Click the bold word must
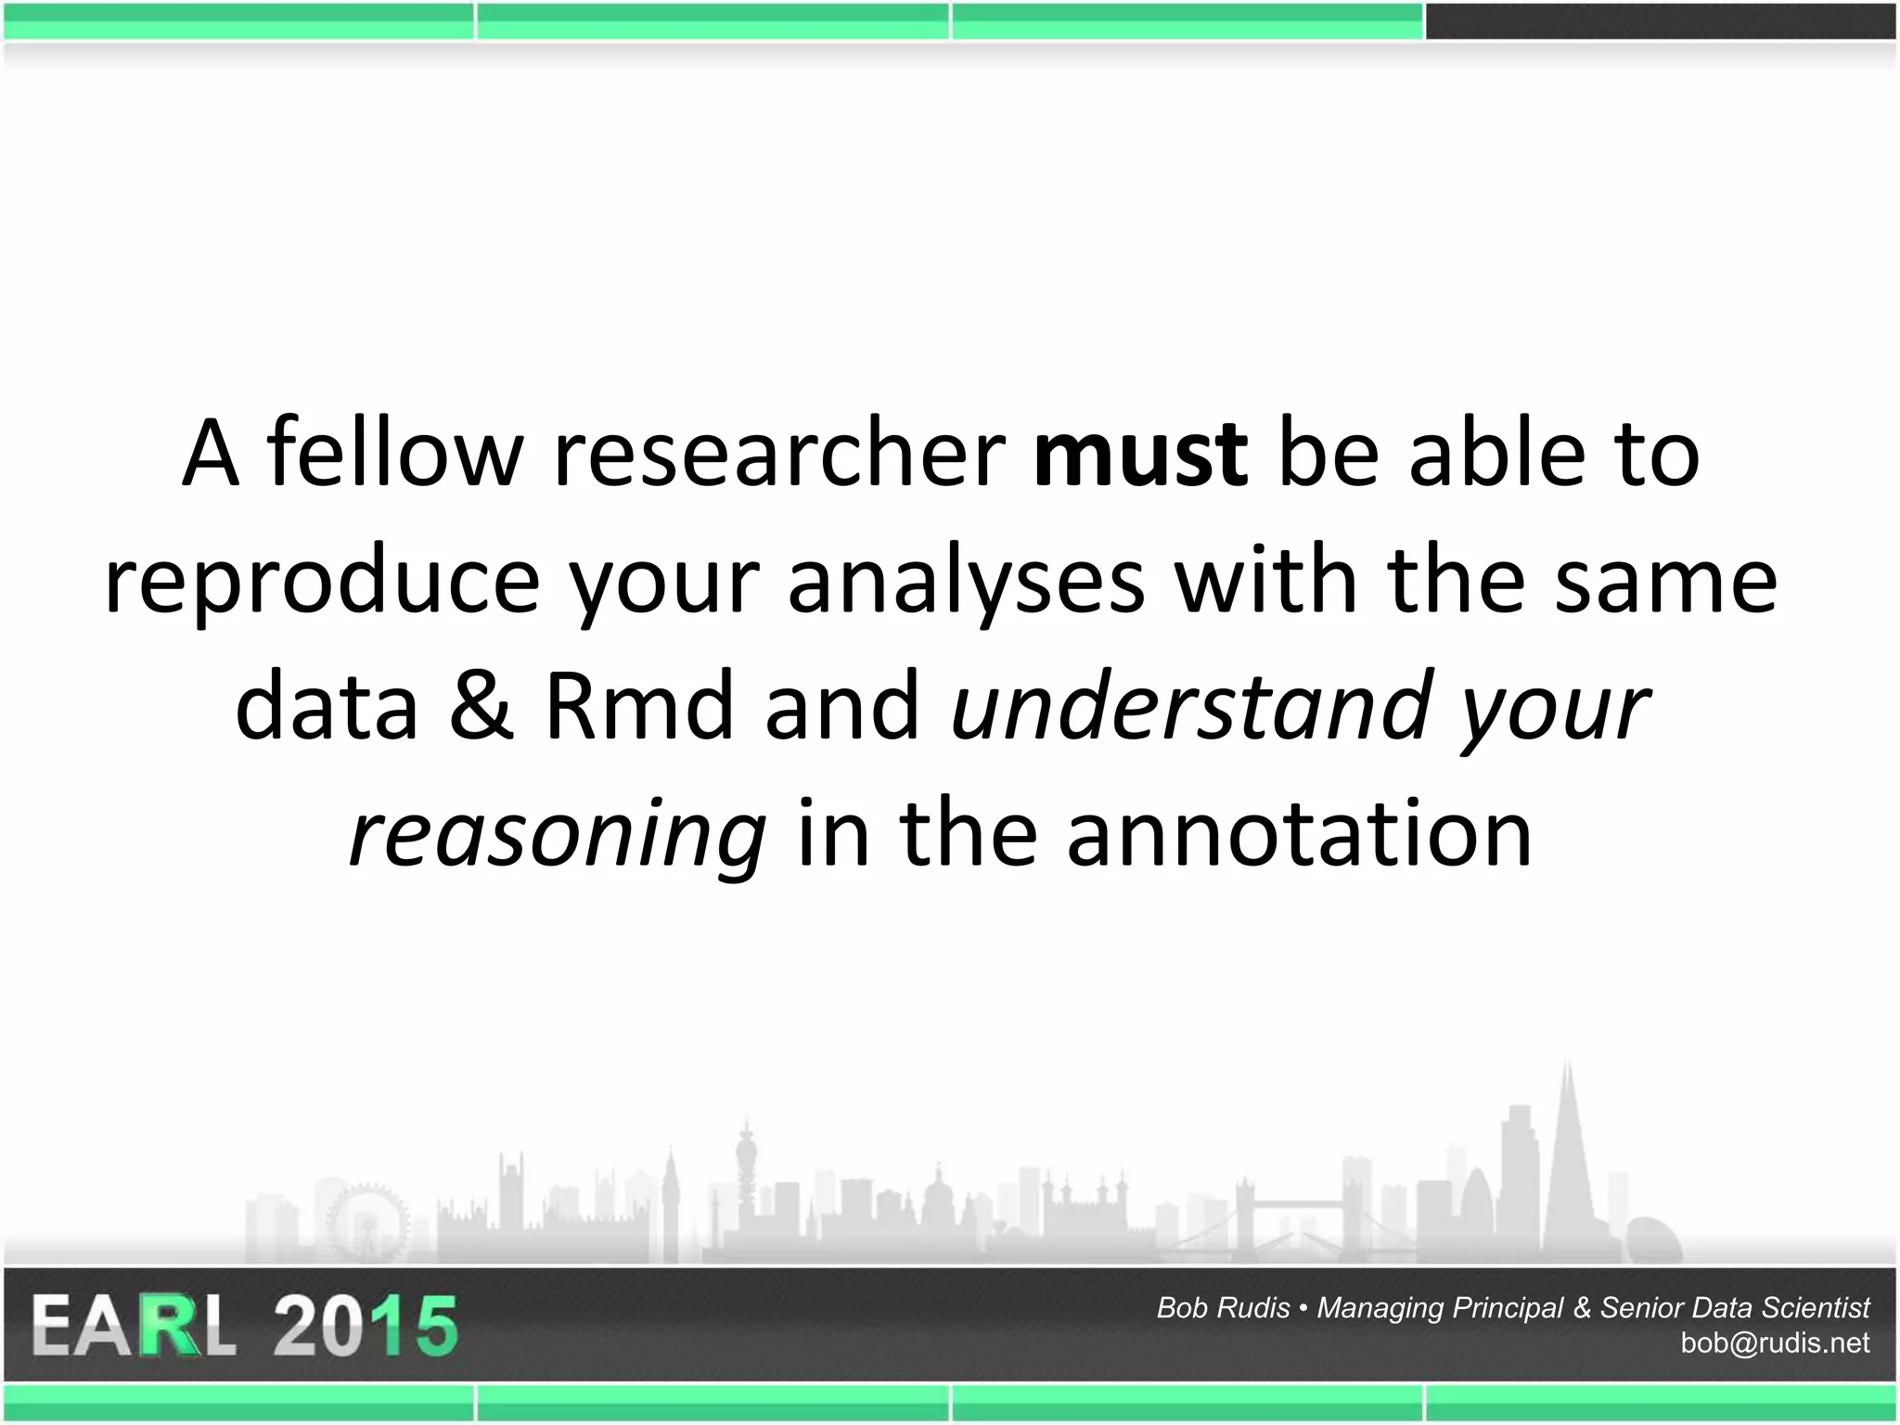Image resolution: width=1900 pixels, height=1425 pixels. coord(1140,454)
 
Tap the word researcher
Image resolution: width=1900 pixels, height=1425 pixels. coord(779,454)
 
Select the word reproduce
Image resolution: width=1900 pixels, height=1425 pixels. coord(322,583)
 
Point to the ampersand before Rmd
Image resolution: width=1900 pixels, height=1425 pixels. coord(481,706)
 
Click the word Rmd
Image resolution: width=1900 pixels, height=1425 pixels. coord(639,706)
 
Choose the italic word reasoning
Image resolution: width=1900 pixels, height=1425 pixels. coord(558,834)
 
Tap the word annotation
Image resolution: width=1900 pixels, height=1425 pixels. coord(1299,832)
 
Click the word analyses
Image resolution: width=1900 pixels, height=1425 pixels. coord(966,583)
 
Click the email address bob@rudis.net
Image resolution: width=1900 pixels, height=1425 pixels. coord(1775,1342)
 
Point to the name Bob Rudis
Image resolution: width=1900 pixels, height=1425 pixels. coord(1223,1307)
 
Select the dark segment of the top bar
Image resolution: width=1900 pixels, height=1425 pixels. coord(1661,21)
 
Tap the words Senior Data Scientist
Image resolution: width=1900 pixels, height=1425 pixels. coord(1735,1307)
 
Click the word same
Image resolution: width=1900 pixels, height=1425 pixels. coord(1665,583)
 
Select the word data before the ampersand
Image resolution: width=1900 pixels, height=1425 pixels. coord(327,706)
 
